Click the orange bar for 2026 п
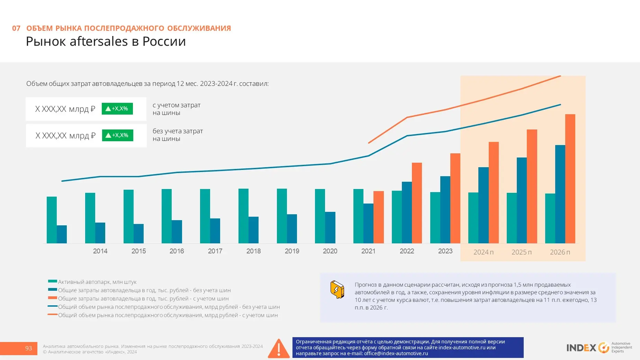[570, 179]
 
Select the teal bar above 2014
[90, 218]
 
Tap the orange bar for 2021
[379, 217]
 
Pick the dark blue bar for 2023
[445, 210]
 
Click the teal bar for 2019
[282, 216]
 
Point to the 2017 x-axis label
[215, 251]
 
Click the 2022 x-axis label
[407, 251]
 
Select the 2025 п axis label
[522, 252]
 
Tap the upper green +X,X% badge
[117, 109]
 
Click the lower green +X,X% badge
[118, 135]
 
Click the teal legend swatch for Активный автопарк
[53, 281]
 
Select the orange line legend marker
[53, 315]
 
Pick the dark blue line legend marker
[53, 306]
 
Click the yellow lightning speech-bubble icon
[337, 289]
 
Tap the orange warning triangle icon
[279, 348]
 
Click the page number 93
[28, 348]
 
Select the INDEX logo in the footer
[599, 348]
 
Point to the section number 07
[16, 28]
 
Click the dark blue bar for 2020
[330, 227]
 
